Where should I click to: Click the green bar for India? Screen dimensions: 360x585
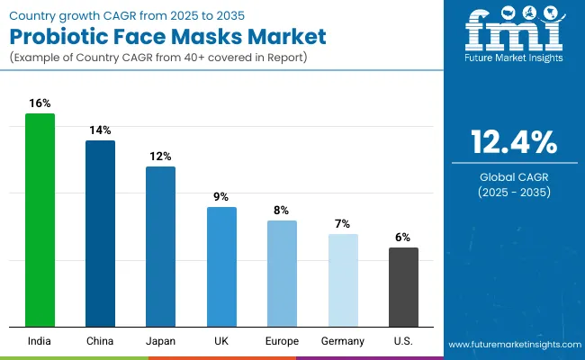pyautogui.click(x=40, y=220)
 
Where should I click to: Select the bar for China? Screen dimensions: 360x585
pyautogui.click(x=100, y=233)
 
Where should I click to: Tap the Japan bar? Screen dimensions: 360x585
pyautogui.click(x=160, y=247)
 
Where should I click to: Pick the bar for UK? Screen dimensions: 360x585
pyautogui.click(x=221, y=266)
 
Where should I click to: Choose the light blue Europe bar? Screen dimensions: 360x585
pyautogui.click(x=282, y=274)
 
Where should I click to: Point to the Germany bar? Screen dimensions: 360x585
pyautogui.click(x=342, y=280)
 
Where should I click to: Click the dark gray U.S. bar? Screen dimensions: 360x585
pyautogui.click(x=403, y=287)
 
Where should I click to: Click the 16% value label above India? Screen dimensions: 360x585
pyautogui.click(x=40, y=103)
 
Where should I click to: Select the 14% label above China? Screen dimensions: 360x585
pyautogui.click(x=100, y=130)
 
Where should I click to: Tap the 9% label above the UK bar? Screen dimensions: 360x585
pyautogui.click(x=221, y=197)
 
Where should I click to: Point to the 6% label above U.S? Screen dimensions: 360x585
pyautogui.click(x=403, y=238)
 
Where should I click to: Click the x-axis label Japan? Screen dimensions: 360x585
pyautogui.click(x=160, y=341)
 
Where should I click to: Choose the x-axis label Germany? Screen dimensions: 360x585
pyautogui.click(x=342, y=341)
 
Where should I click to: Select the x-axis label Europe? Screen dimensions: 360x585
pyautogui.click(x=282, y=341)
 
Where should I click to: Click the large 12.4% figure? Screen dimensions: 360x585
pyautogui.click(x=513, y=142)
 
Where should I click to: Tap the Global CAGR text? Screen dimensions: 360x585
pyautogui.click(x=513, y=176)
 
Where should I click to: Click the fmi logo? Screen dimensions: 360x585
pyautogui.click(x=513, y=36)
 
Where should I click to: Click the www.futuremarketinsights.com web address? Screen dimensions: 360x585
pyautogui.click(x=511, y=345)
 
